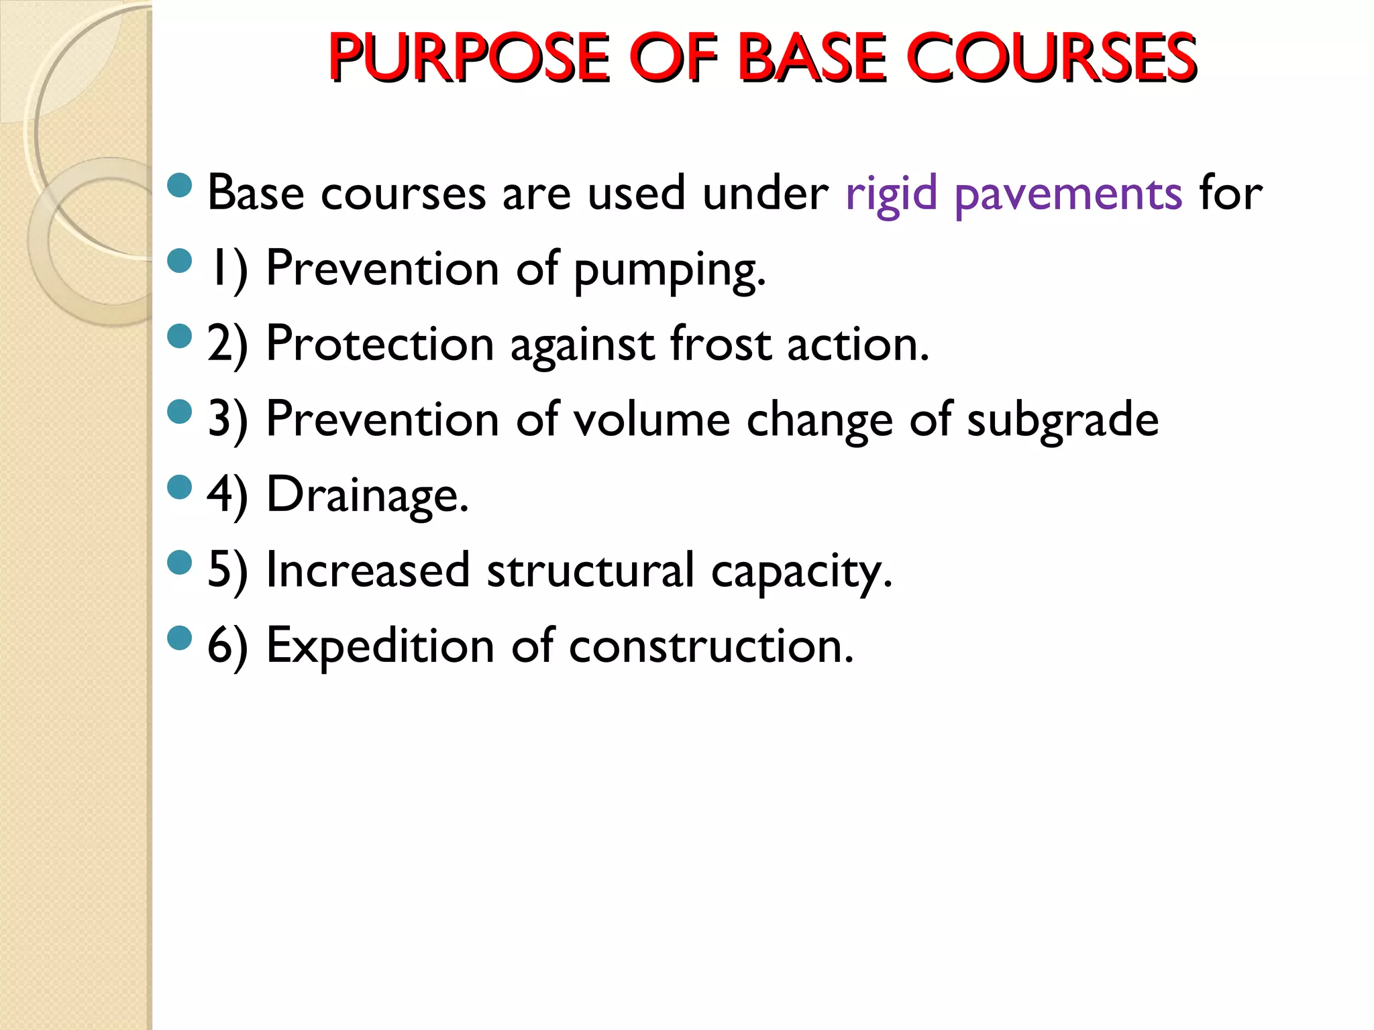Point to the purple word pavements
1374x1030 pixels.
(1068, 194)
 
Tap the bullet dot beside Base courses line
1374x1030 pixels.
(180, 186)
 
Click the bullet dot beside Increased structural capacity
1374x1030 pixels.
(180, 563)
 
